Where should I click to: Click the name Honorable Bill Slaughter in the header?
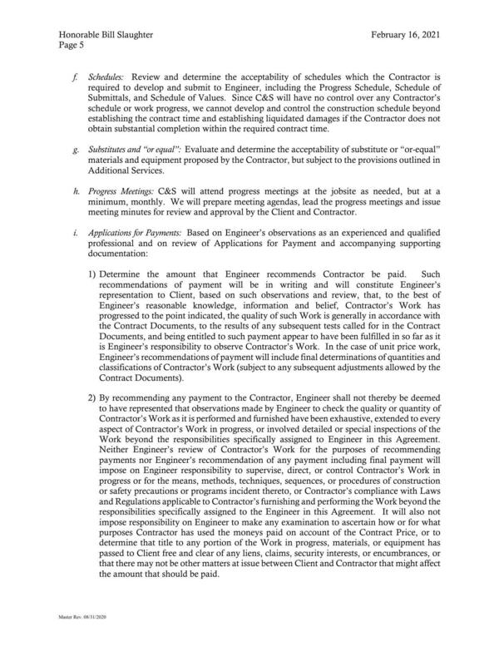105,33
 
